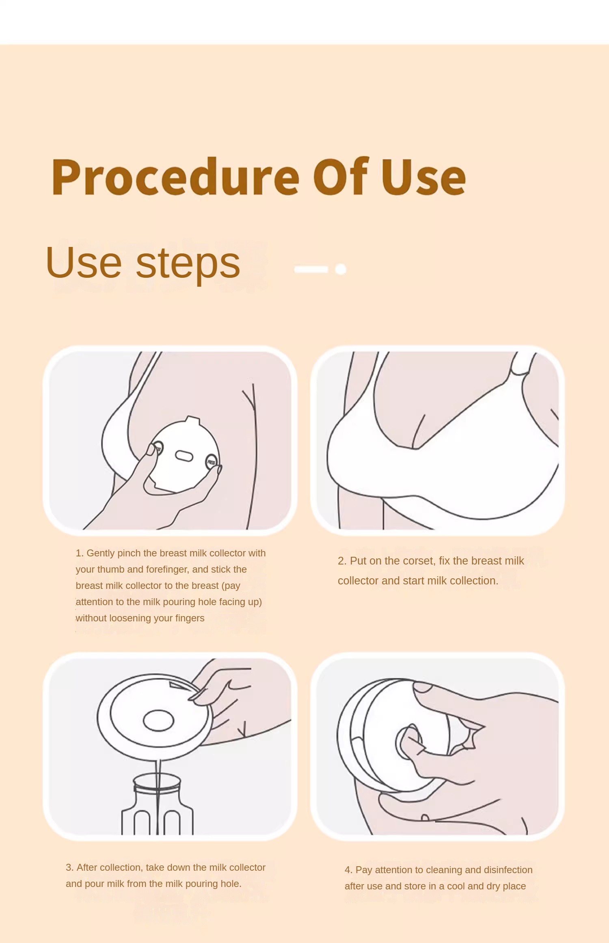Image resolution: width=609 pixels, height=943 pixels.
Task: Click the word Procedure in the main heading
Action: tap(175, 177)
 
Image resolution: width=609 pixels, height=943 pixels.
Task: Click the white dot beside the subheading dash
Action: tap(341, 269)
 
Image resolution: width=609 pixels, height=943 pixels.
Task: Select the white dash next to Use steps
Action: tap(311, 269)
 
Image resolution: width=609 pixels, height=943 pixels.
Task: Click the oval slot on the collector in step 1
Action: tap(184, 456)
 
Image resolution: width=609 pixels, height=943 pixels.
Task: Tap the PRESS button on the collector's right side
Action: tap(212, 462)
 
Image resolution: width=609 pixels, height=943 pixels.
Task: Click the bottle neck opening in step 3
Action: tap(157, 781)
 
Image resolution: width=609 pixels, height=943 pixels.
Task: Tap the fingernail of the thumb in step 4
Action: tap(423, 687)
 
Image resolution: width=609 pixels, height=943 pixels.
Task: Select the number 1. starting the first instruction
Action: tap(80, 553)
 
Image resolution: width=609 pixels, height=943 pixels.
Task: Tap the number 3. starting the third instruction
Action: tap(70, 867)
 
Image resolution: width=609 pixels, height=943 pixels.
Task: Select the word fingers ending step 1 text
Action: tap(190, 619)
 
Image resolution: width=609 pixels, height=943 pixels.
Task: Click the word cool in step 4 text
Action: tap(456, 886)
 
